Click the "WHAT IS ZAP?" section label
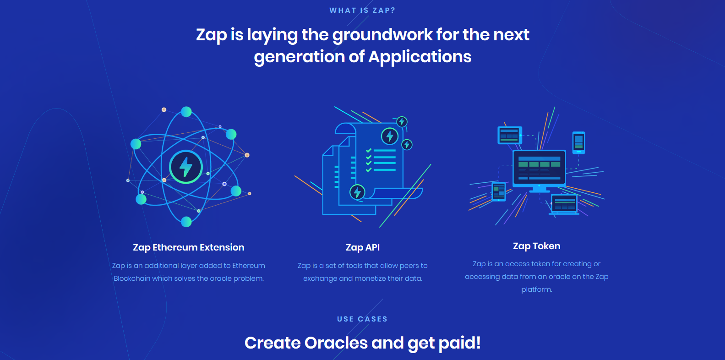362,11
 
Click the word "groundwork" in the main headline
382,35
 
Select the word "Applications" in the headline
420,57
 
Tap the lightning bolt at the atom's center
186,167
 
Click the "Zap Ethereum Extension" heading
188,247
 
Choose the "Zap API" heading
363,247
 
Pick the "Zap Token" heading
537,246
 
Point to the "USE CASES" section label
362,319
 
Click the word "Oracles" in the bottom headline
336,343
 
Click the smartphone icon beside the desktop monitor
578,142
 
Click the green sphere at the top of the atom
186,112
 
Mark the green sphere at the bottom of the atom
186,222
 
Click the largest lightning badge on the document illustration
389,136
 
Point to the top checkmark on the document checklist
369,151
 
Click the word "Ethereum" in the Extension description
249,266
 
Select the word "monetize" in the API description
372,278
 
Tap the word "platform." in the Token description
537,289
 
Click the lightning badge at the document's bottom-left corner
357,192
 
